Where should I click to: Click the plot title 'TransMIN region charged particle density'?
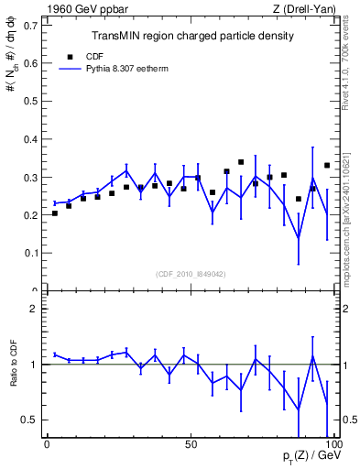pyautogui.click(x=191, y=37)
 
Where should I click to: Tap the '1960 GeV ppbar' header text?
pyautogui.click(x=80, y=8)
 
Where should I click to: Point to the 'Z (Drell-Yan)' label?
pyautogui.click(x=309, y=8)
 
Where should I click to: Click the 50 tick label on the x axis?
pyautogui.click(x=191, y=444)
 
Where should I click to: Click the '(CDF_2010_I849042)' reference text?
pyautogui.click(x=191, y=272)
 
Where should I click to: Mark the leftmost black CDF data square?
pyautogui.click(x=55, y=213)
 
